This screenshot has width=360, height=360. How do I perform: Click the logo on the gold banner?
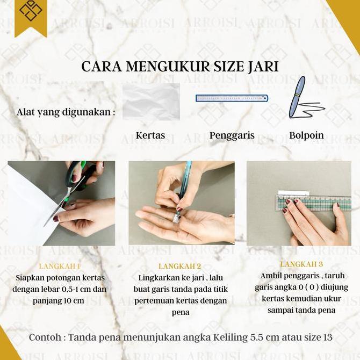(x=31, y=11)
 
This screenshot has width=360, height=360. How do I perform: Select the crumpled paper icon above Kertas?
(x=151, y=101)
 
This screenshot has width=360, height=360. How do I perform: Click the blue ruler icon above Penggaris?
(x=232, y=98)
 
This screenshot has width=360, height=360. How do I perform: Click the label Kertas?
(x=150, y=135)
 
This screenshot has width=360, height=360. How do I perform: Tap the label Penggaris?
(x=232, y=135)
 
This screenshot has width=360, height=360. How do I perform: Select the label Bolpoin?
(x=306, y=135)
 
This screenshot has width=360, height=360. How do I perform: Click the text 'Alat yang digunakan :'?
(x=66, y=112)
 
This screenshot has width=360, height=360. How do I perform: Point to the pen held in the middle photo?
(x=183, y=188)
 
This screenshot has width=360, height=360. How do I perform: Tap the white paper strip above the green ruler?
(x=293, y=193)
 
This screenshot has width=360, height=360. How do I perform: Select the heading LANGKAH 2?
(x=180, y=266)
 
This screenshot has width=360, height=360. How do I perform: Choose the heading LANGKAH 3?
(x=301, y=264)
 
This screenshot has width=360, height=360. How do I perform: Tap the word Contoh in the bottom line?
(x=45, y=338)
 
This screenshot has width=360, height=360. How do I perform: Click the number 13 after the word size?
(x=326, y=338)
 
